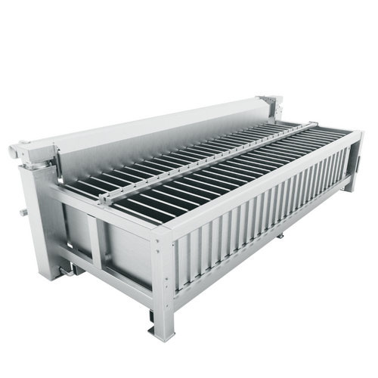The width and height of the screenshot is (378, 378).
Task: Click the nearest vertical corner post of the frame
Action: pyautogui.click(x=163, y=280)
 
